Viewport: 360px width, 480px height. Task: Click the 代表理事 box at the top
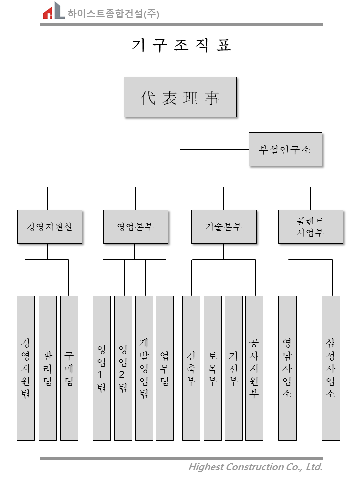[180, 97]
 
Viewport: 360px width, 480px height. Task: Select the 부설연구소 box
[285, 149]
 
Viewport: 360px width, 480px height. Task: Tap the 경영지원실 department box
[50, 227]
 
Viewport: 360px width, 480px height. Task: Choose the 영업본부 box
[136, 227]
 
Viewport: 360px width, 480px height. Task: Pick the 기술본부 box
[224, 227]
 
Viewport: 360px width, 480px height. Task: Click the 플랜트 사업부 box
[310, 227]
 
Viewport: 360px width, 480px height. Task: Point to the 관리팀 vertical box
[48, 368]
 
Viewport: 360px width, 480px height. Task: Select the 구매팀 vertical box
[69, 368]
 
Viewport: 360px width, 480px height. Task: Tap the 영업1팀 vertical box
[102, 368]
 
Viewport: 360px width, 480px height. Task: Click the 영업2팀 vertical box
[123, 368]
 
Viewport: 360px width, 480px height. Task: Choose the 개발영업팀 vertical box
[144, 368]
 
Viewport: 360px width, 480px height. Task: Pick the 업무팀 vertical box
[165, 368]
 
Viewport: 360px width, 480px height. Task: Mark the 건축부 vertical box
[191, 368]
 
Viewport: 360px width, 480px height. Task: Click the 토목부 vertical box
[213, 368]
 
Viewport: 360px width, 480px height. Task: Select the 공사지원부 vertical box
[254, 368]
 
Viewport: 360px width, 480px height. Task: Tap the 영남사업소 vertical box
[287, 368]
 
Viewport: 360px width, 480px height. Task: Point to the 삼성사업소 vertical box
[331, 368]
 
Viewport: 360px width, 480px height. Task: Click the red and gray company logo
[54, 10]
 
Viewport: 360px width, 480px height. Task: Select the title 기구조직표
[181, 45]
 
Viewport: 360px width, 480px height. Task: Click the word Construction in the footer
[255, 467]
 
